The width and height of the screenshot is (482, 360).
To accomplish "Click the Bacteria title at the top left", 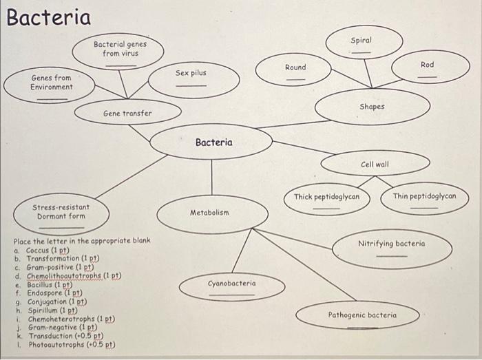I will [48, 17].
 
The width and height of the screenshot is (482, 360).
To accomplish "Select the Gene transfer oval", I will [127, 113].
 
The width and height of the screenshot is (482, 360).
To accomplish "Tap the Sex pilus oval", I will [191, 78].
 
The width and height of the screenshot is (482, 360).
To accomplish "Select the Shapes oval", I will [372, 107].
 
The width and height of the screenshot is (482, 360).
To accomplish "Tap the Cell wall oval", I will [375, 165].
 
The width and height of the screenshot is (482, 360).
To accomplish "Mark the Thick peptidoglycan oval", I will [326, 198].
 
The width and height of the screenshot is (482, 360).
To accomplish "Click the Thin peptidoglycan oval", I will [424, 198].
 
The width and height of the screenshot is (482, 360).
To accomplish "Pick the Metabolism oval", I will [210, 214].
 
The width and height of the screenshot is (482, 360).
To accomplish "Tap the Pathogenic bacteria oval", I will [362, 315].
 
